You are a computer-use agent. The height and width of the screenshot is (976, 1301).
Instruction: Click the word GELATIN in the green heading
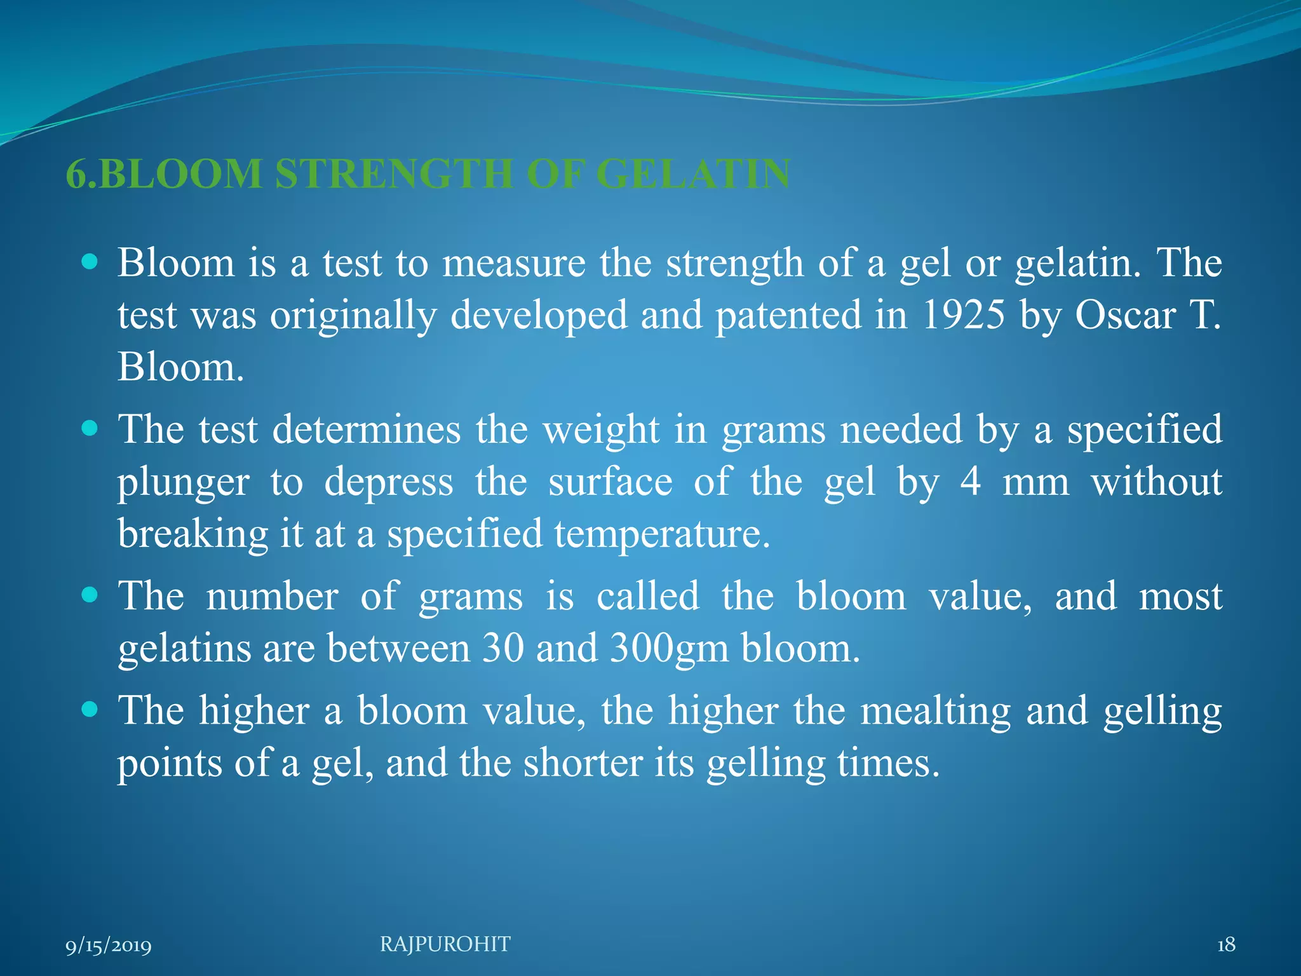click(x=693, y=173)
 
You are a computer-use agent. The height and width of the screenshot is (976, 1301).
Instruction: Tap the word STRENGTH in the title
click(x=394, y=173)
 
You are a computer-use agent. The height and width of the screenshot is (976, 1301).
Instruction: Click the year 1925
click(x=963, y=315)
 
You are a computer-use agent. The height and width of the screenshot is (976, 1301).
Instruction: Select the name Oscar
click(x=1125, y=315)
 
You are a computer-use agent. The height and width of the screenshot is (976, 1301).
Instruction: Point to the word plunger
click(x=183, y=483)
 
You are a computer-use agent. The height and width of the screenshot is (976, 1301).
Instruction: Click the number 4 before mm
click(x=971, y=482)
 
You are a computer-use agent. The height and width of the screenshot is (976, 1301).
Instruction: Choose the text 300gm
click(x=669, y=649)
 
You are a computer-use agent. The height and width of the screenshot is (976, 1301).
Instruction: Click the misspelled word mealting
click(x=935, y=710)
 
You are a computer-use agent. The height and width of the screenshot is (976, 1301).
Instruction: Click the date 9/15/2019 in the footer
click(x=109, y=945)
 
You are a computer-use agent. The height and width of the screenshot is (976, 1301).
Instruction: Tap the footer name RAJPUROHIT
click(x=445, y=944)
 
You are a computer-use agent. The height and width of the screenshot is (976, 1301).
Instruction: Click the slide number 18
click(x=1226, y=945)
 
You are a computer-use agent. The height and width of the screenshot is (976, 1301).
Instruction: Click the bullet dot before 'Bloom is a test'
click(x=90, y=261)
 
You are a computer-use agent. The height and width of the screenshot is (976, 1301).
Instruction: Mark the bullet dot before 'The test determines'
click(x=90, y=428)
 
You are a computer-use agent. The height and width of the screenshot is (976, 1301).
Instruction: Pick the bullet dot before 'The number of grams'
click(x=90, y=595)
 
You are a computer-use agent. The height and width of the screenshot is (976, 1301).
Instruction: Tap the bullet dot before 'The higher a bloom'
click(x=90, y=709)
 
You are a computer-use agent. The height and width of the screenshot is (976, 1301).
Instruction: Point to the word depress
click(x=389, y=483)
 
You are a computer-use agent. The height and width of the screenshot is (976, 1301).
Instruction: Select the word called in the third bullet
click(x=647, y=597)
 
